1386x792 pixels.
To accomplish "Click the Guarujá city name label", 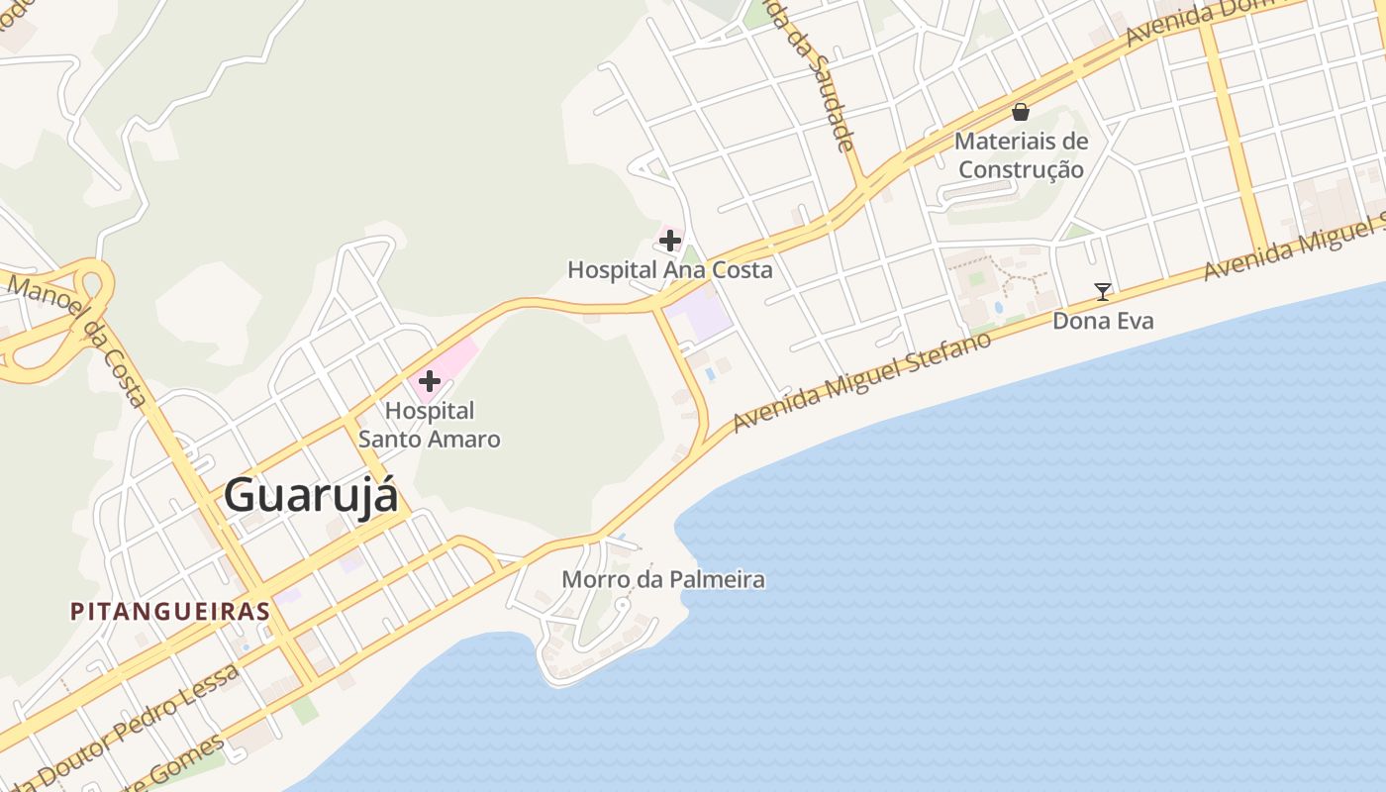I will [x=311, y=495].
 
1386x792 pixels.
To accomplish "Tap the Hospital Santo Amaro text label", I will [x=430, y=425].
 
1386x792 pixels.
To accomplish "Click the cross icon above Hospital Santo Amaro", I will [x=430, y=381].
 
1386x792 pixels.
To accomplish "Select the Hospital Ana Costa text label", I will [x=669, y=269].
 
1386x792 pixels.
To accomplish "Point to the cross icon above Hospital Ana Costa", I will [x=670, y=240].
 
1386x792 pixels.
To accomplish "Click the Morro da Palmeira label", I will [x=663, y=579].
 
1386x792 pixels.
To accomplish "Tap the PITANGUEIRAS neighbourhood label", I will [x=170, y=611].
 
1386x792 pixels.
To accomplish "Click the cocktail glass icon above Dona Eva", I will [x=1102, y=291].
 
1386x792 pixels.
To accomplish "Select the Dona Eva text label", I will [x=1102, y=321].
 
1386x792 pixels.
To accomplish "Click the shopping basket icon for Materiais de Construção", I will [x=1021, y=112].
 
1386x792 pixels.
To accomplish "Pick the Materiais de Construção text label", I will [x=1021, y=155].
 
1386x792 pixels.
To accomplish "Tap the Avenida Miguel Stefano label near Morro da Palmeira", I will [x=861, y=382].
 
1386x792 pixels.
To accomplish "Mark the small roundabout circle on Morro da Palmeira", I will [x=622, y=604].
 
